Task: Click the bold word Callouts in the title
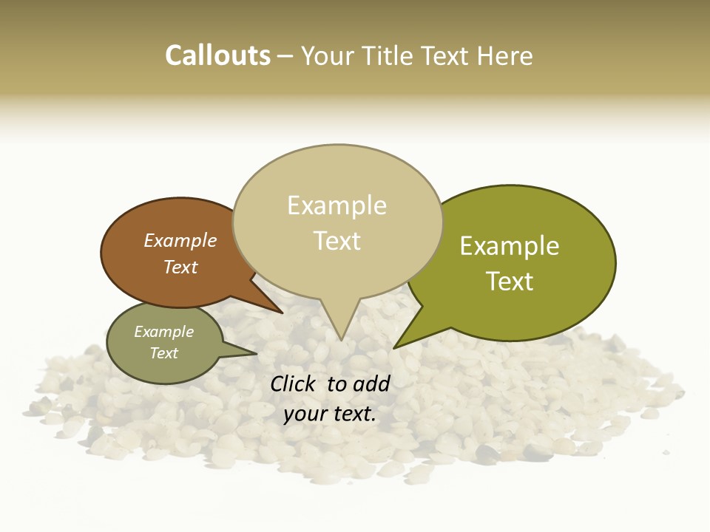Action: (x=217, y=55)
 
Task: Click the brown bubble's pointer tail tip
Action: (x=282, y=313)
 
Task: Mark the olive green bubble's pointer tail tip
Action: (x=395, y=347)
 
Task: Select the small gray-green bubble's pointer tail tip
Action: (x=256, y=353)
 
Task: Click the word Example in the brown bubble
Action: (x=180, y=240)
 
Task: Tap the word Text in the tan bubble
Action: (x=337, y=241)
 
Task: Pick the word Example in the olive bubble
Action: (x=510, y=245)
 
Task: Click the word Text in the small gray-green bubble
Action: (x=164, y=353)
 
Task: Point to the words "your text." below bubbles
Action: (x=330, y=415)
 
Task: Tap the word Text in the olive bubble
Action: (x=510, y=282)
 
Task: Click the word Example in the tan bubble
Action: (x=337, y=205)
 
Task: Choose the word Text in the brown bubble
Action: (x=180, y=267)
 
